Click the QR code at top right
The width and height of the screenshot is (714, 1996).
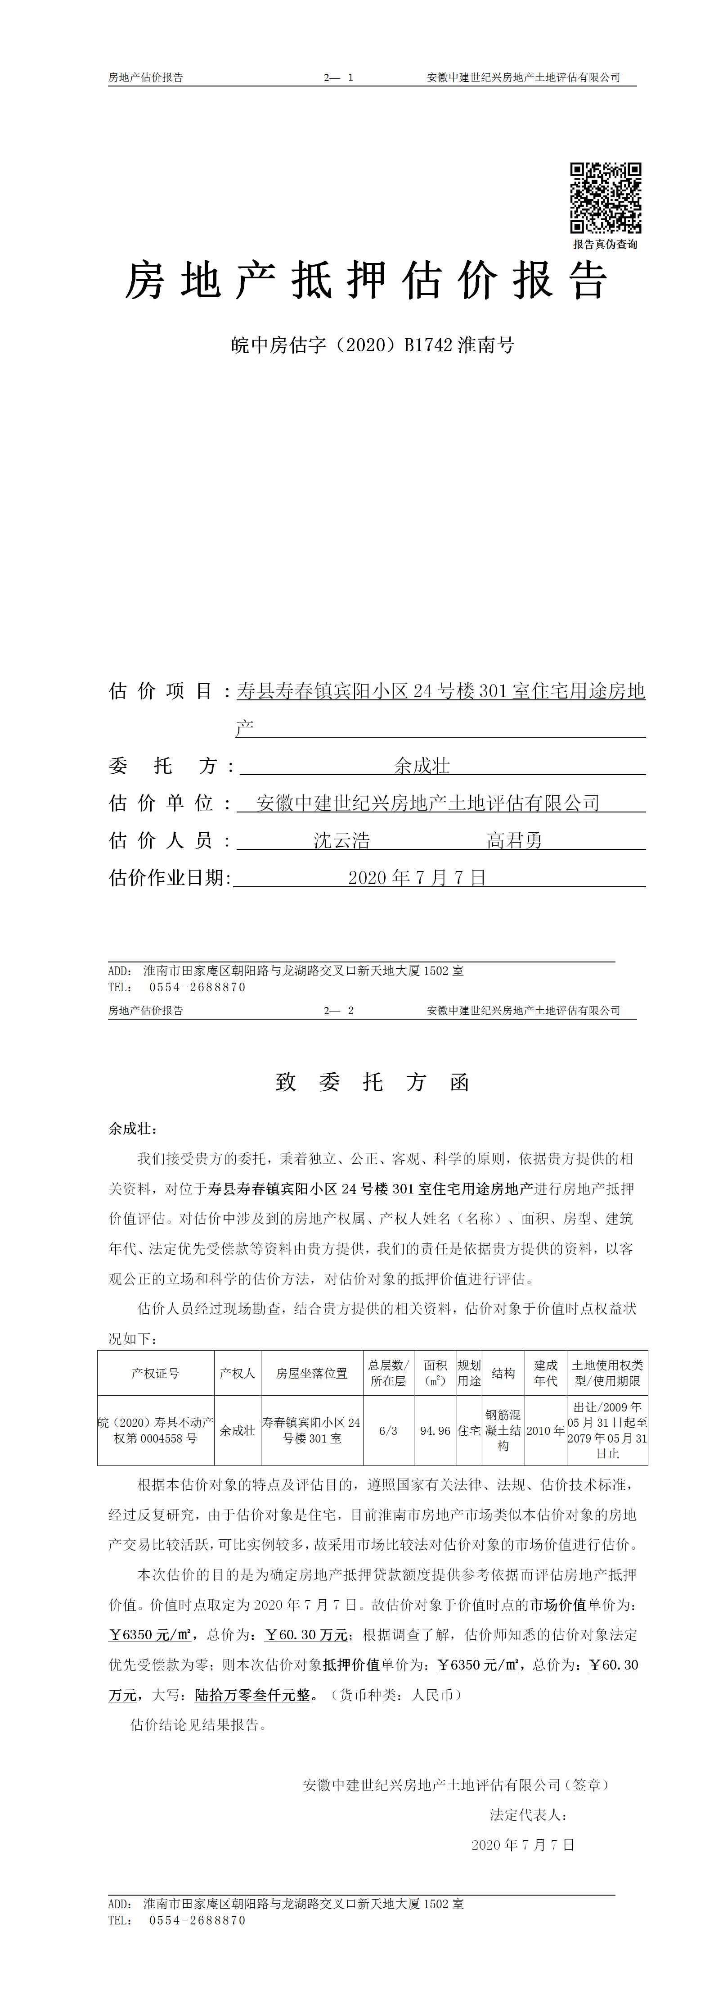(606, 198)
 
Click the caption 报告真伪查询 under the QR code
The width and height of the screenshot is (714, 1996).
(606, 244)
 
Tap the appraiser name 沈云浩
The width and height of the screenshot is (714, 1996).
(341, 841)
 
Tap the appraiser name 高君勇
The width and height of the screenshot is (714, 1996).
(514, 841)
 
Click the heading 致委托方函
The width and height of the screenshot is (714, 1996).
(373, 1083)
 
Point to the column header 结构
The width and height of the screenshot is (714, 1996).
(503, 1374)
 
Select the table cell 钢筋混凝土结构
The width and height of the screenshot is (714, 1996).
(503, 1430)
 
